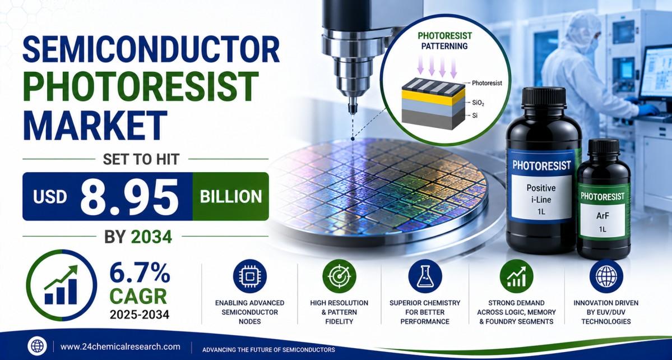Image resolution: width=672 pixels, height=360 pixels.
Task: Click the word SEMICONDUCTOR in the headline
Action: click(151, 49)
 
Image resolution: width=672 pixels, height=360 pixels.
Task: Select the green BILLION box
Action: click(230, 197)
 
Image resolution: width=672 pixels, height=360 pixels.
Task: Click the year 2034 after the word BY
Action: click(152, 237)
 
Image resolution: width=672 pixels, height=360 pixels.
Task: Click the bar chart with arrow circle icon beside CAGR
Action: click(61, 285)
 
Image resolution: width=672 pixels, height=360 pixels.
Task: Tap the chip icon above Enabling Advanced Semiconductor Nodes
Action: click(250, 276)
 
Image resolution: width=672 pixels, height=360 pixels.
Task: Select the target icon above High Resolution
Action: click(339, 276)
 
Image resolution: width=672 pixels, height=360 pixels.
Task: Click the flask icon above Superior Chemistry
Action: click(425, 276)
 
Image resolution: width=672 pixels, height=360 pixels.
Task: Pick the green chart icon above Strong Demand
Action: click(516, 276)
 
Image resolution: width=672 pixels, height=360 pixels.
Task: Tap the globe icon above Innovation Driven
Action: click(606, 276)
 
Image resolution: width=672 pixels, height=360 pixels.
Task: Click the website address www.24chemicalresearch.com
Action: click(121, 347)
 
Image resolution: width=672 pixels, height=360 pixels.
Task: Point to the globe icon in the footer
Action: click(37, 347)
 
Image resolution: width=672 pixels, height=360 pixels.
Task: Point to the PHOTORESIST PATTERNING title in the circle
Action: click(444, 40)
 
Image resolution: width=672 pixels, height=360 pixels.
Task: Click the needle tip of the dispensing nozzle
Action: click(353, 110)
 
